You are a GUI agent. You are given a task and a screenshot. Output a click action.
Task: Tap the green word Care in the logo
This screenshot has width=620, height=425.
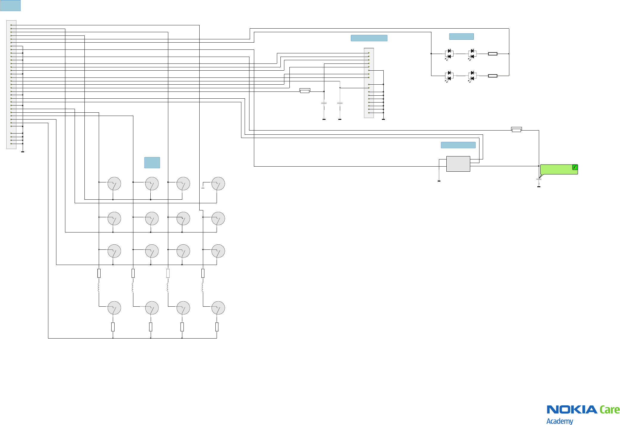[610, 410]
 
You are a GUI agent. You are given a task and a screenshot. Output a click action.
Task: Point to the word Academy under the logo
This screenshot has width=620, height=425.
[559, 421]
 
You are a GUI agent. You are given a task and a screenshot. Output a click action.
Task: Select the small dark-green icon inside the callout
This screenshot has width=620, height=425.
[575, 167]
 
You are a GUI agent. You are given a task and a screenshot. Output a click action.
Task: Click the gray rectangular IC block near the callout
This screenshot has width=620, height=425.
[458, 164]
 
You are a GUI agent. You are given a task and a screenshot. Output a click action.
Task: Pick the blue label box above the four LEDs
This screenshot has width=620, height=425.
[461, 36]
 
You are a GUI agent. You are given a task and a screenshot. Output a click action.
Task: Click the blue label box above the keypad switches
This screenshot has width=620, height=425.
[152, 162]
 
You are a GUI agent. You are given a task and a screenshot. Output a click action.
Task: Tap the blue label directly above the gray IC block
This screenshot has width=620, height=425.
[458, 145]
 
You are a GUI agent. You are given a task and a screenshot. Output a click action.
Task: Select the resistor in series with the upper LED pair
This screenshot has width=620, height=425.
[492, 54]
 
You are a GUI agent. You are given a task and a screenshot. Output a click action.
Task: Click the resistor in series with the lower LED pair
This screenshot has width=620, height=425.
[492, 76]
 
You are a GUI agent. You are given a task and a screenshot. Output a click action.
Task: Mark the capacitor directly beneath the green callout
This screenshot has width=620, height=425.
[539, 179]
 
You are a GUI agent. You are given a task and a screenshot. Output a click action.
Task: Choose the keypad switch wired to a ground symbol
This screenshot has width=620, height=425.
[218, 184]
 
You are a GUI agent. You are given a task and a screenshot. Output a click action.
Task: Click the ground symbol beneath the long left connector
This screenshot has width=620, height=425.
[23, 152]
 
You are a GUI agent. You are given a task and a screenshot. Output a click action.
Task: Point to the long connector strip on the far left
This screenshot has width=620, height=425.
[11, 84]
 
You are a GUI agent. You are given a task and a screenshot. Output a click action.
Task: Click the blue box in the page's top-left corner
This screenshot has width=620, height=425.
[10, 5]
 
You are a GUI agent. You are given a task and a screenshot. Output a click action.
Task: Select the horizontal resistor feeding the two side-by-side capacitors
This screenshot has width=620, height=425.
[305, 91]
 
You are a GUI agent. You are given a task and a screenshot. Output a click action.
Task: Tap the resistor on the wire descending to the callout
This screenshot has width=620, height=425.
[516, 130]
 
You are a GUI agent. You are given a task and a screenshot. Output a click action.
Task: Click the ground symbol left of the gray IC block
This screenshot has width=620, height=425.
[439, 181]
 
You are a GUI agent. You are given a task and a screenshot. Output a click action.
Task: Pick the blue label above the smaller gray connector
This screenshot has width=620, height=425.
[369, 38]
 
